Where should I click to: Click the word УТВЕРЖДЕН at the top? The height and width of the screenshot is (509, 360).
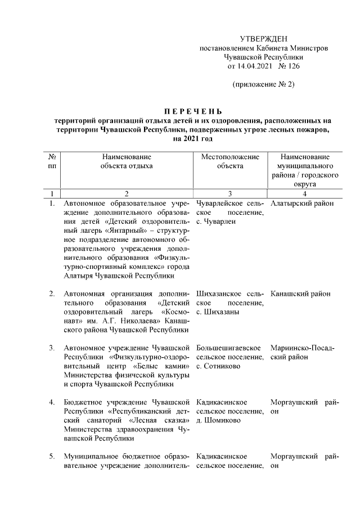[263, 39]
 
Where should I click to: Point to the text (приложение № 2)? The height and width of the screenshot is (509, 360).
[263, 84]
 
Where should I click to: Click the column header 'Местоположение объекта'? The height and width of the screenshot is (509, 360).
[230, 161]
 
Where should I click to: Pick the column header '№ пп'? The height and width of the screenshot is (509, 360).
[52, 161]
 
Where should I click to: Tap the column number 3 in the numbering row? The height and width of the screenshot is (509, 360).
[230, 193]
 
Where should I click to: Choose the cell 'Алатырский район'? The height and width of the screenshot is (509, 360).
[302, 204]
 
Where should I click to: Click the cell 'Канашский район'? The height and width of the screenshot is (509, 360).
[300, 294]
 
